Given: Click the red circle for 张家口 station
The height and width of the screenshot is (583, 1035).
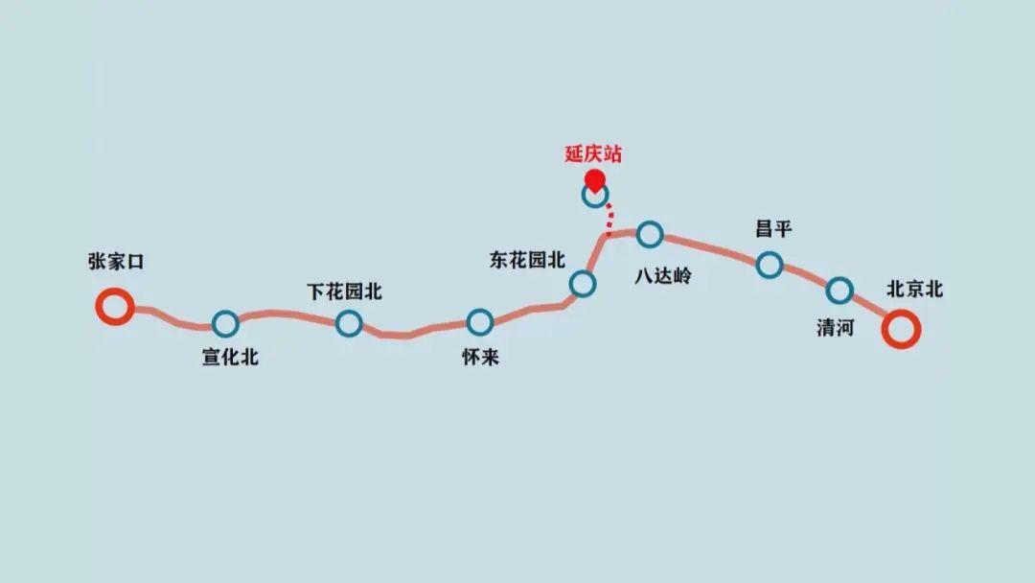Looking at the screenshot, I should tap(114, 307).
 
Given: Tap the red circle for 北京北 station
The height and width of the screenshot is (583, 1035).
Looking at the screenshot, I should tap(901, 330).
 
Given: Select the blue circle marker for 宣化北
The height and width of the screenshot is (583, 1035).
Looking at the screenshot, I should tap(226, 324).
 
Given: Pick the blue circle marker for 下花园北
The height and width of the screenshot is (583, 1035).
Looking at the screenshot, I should tap(349, 323).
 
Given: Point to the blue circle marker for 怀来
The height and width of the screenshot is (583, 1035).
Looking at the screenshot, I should tap(479, 322).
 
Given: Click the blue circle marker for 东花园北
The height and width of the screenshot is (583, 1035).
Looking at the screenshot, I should tap(582, 283).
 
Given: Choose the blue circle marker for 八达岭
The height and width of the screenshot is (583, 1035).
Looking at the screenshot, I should tap(650, 233).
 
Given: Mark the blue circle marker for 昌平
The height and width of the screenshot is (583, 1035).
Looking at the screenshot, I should tap(769, 265).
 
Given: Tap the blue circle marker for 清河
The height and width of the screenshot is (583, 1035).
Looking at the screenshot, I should tap(839, 290).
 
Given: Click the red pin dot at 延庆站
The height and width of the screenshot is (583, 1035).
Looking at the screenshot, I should tap(595, 179).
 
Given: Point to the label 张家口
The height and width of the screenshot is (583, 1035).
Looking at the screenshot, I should tap(115, 262).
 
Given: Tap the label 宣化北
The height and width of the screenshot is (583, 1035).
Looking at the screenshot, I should tap(230, 359).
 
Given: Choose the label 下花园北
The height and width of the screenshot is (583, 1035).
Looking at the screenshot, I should tap(344, 291).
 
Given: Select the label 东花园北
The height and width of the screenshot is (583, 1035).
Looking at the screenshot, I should tap(528, 260).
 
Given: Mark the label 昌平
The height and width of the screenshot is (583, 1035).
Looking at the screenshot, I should tap(773, 229).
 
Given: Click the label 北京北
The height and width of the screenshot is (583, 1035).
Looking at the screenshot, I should tap(915, 290).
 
